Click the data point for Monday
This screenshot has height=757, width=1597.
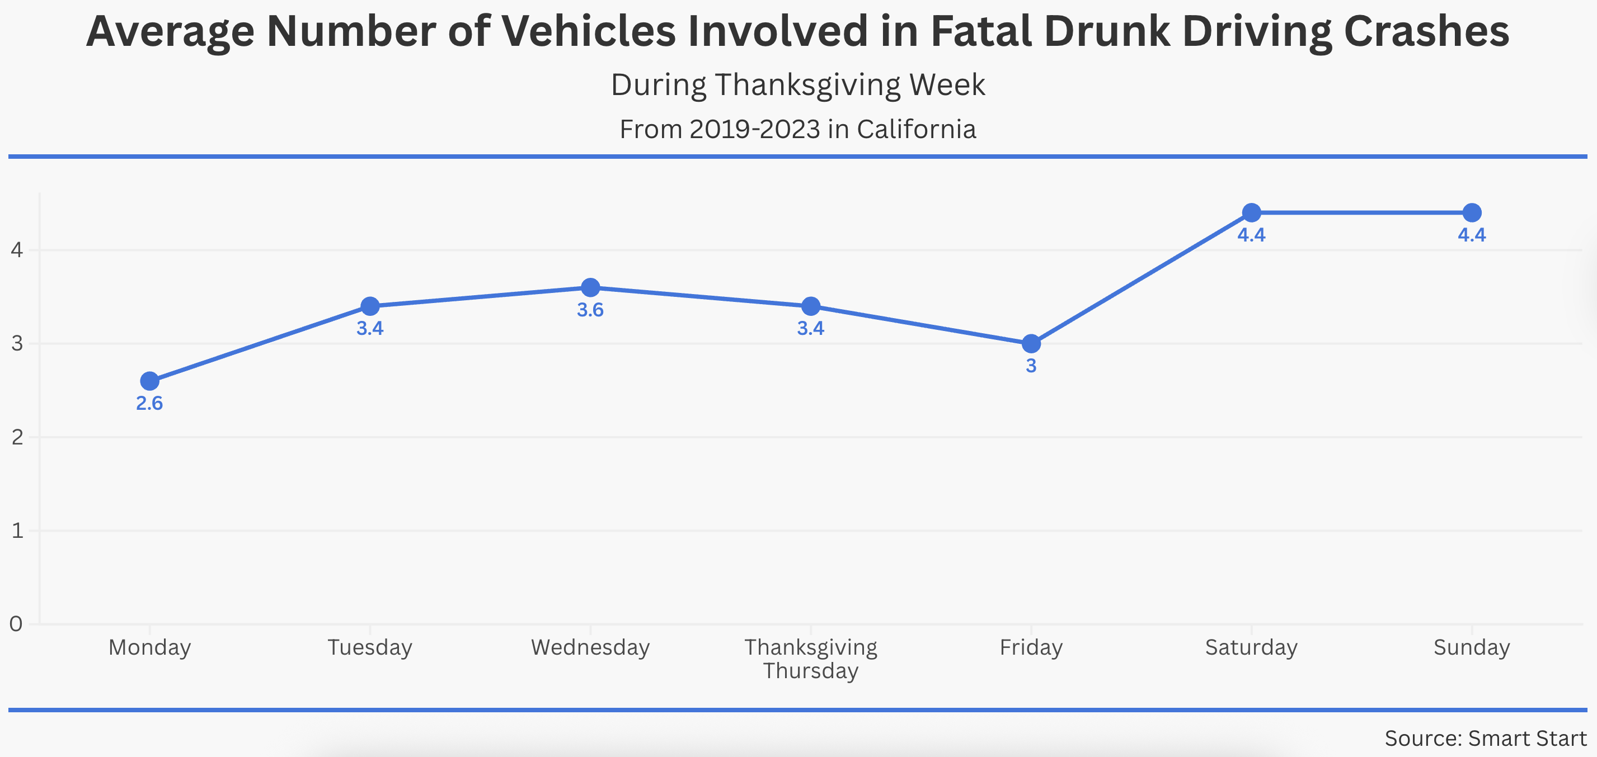tap(149, 381)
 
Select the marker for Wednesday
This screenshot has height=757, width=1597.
tap(590, 287)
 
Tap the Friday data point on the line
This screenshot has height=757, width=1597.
tap(1031, 343)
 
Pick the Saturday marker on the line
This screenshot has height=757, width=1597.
tap(1252, 212)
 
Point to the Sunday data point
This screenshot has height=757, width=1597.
tap(1472, 212)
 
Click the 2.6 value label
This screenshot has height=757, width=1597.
tap(149, 403)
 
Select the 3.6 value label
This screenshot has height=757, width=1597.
tap(590, 310)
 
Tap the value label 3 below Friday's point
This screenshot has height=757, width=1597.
tap(1031, 366)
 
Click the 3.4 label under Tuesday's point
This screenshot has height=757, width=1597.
tap(370, 328)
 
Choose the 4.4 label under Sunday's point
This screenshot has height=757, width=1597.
tap(1472, 235)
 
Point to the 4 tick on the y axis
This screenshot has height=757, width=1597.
tap(17, 250)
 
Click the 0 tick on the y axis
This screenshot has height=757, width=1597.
tap(16, 624)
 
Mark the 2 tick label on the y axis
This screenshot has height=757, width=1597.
tap(17, 437)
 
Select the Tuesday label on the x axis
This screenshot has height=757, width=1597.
tap(370, 647)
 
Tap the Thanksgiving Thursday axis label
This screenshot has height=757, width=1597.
tap(811, 659)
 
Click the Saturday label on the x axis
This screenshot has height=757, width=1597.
tap(1252, 647)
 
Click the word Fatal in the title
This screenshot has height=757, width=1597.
tap(981, 31)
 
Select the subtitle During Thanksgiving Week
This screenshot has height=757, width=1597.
tap(798, 85)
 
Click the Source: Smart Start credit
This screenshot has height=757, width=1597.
tap(1486, 739)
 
